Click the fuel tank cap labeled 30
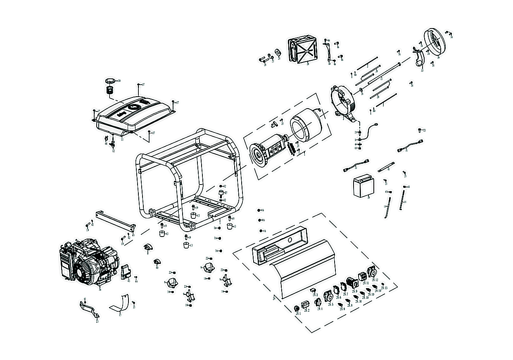tap(110, 80)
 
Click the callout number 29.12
tap(375, 280)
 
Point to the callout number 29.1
tap(297, 313)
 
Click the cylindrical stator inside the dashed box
tap(306, 126)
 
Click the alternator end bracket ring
tap(344, 102)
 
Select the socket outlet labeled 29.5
tap(329, 297)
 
